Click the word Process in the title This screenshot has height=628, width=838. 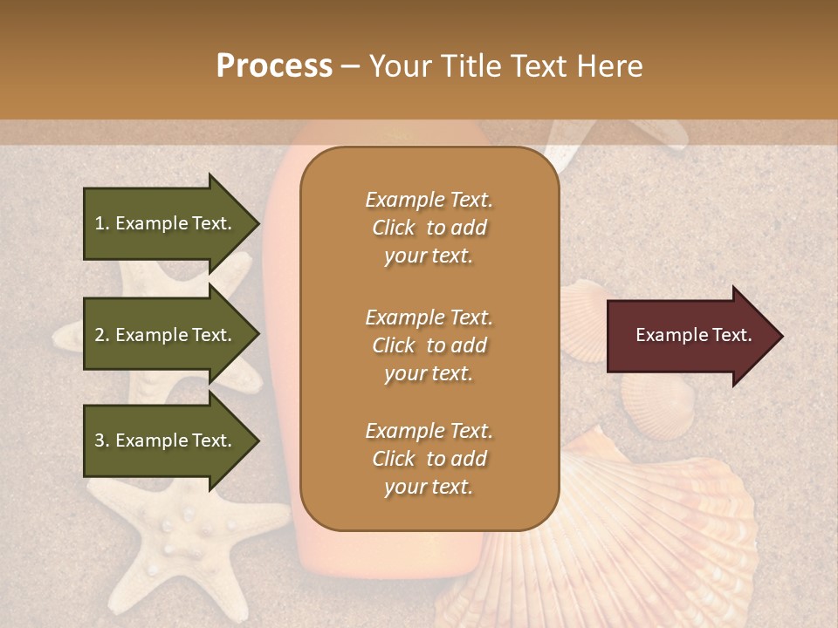point(274,66)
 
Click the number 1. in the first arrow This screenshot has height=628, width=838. point(102,223)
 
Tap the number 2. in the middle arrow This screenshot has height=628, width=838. point(102,335)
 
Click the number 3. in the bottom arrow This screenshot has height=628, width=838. point(102,440)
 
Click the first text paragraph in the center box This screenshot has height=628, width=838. point(429,228)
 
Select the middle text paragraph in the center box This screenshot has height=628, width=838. point(429,345)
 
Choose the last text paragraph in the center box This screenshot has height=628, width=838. point(429,459)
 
